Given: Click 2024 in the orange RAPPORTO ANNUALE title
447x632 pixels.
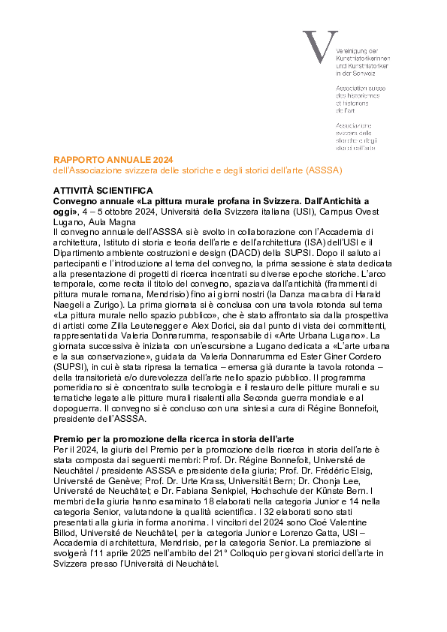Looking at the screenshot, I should coord(163,160).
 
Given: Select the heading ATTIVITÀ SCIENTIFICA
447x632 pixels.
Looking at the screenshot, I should coord(103,191).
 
